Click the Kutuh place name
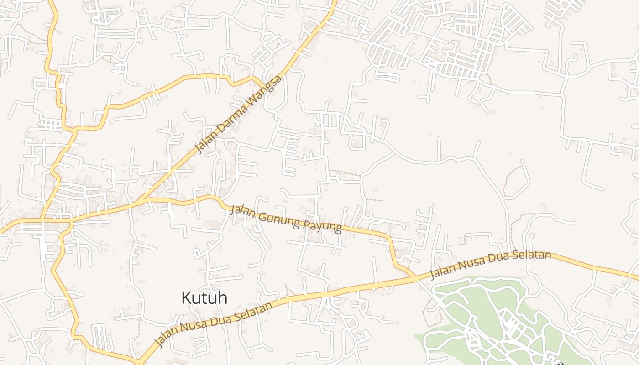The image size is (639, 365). click(204, 298)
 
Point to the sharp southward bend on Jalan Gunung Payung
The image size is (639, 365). click(389, 238)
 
